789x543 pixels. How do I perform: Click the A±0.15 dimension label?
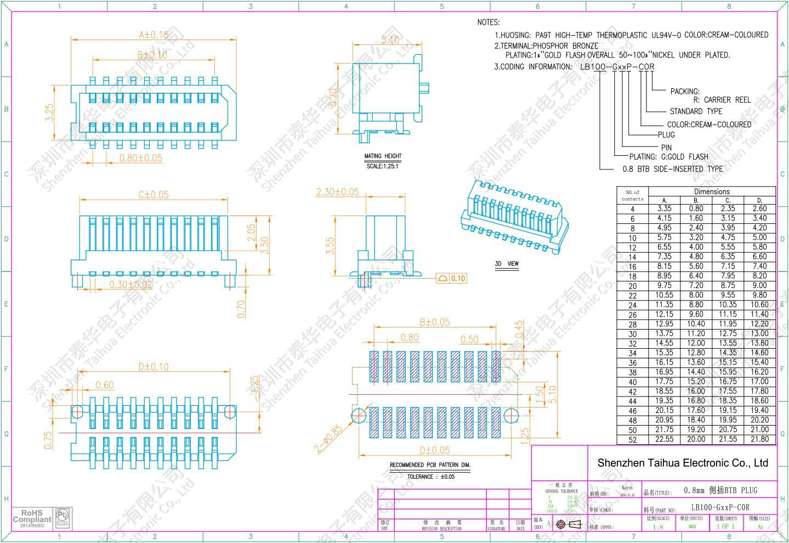click(x=154, y=35)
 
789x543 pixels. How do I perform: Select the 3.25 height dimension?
click(x=49, y=112)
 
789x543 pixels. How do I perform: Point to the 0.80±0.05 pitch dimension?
click(x=141, y=158)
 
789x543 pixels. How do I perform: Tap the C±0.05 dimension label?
click(x=154, y=195)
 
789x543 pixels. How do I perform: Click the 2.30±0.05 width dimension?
click(x=337, y=192)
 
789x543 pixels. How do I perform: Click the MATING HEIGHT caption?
click(x=383, y=156)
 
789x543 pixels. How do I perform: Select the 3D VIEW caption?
click(x=507, y=264)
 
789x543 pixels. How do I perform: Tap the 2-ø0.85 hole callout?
click(x=328, y=439)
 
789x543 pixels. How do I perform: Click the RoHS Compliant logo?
click(x=32, y=518)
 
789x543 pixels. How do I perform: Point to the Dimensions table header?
click(x=712, y=191)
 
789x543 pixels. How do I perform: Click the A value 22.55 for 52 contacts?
click(x=664, y=439)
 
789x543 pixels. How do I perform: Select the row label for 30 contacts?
click(x=633, y=334)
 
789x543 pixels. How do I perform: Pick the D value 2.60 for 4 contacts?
click(x=759, y=208)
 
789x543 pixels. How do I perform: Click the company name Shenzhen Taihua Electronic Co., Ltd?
click(x=683, y=463)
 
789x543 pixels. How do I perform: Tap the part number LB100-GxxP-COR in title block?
click(x=720, y=507)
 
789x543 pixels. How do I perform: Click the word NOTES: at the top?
click(x=489, y=22)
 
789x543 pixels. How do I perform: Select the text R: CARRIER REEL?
click(x=722, y=100)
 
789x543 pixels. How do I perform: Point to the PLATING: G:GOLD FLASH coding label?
click(x=668, y=157)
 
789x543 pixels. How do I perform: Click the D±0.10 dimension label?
click(x=154, y=366)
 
